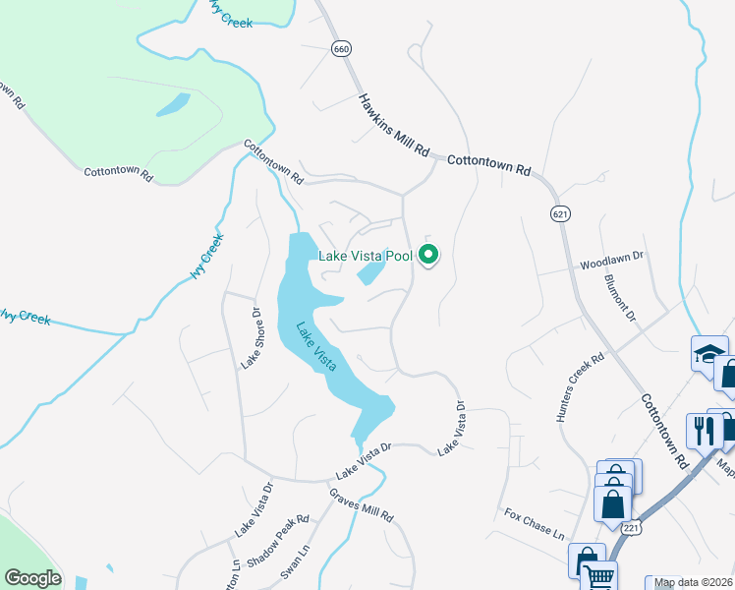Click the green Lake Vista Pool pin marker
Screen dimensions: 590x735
pyautogui.click(x=428, y=256)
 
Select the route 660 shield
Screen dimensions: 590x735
pyautogui.click(x=341, y=49)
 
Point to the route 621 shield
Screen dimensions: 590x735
pyautogui.click(x=560, y=213)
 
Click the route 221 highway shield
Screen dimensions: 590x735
pyautogui.click(x=641, y=528)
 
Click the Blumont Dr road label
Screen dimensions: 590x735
pyautogui.click(x=620, y=297)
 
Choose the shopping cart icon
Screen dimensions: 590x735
pyautogui.click(x=598, y=577)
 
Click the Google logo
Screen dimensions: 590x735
pyautogui.click(x=32, y=578)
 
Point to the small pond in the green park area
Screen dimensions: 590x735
pyautogui.click(x=173, y=104)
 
